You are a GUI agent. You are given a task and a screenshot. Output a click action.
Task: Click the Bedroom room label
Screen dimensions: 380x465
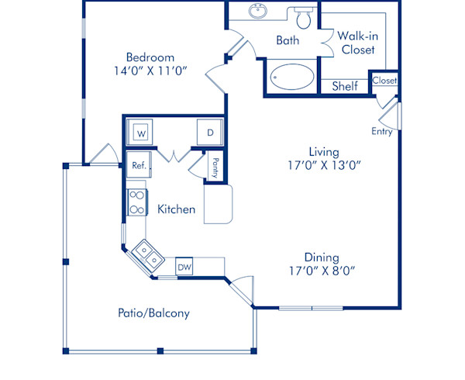pos(150,57)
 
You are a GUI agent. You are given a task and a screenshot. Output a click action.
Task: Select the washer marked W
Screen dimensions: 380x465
pos(142,133)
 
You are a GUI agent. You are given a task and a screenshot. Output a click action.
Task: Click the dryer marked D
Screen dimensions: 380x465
pos(209,133)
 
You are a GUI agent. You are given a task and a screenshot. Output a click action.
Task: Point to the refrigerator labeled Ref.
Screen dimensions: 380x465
pos(139,165)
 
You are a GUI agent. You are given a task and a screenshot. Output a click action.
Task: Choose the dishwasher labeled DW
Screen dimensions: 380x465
pos(184,267)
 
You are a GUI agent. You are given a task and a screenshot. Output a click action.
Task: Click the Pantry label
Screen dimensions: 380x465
pos(214,168)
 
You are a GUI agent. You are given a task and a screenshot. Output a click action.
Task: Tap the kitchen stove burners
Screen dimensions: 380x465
pos(136,202)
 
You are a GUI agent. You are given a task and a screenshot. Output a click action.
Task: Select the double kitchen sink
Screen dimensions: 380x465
pos(146,253)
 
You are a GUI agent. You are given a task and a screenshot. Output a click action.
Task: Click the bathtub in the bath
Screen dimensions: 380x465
pos(292,78)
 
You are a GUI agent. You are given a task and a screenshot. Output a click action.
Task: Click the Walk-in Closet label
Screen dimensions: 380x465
pos(356,43)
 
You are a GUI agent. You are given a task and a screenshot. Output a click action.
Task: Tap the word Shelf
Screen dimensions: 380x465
pos(345,86)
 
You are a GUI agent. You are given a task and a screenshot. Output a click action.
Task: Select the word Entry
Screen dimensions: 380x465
pos(382,132)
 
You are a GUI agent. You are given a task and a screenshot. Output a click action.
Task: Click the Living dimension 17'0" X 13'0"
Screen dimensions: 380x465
pos(325,164)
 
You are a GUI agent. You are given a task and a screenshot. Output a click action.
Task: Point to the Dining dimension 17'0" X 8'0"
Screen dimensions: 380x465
pos(325,271)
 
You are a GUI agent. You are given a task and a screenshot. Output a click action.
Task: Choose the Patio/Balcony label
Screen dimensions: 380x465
pos(153,313)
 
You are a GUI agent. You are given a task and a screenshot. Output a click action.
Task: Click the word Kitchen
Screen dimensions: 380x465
pos(176,209)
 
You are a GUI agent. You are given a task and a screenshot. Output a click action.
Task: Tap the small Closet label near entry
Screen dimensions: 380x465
pos(384,80)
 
